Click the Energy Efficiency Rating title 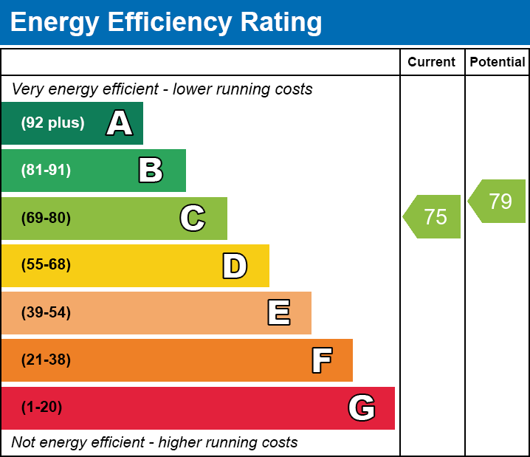tap(166, 22)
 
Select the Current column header tap(432, 63)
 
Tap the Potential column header tap(498, 63)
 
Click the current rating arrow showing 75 tap(433, 217)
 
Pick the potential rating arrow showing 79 tap(498, 201)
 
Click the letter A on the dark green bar tap(119, 123)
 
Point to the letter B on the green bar tap(151, 171)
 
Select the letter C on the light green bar tap(193, 219)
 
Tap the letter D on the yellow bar tap(235, 266)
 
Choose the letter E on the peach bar tap(278, 313)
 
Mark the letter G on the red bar tap(362, 408)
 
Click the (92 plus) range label tap(52, 123)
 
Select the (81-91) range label tap(46, 171)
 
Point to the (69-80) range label tap(46, 219)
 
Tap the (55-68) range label tap(46, 265)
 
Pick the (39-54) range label tap(46, 313)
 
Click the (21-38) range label tap(46, 360)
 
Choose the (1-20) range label tap(42, 408)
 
